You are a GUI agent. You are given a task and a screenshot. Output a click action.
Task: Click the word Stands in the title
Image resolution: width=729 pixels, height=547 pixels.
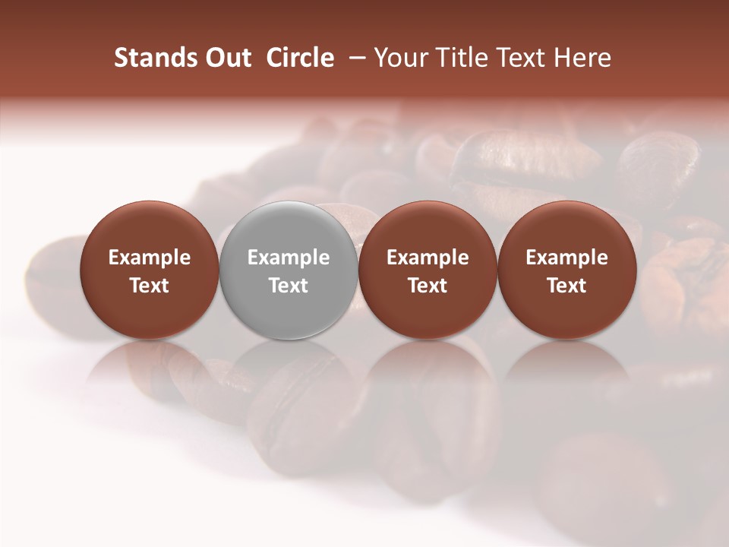(x=152, y=58)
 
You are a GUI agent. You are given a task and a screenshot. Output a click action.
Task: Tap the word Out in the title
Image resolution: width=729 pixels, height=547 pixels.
(x=226, y=58)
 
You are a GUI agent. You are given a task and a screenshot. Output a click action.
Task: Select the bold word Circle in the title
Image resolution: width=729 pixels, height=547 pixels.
(x=300, y=58)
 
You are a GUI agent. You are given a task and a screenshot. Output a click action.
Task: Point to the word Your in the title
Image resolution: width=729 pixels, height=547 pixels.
(x=399, y=58)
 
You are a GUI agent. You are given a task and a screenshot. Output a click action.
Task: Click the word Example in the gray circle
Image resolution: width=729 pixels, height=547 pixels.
(x=289, y=258)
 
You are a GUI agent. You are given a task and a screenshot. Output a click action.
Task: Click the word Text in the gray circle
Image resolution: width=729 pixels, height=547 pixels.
(x=289, y=286)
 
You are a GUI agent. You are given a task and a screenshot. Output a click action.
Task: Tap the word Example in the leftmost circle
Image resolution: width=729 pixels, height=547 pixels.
(x=150, y=258)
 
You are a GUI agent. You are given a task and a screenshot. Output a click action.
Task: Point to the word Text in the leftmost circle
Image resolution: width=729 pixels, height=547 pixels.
(x=150, y=286)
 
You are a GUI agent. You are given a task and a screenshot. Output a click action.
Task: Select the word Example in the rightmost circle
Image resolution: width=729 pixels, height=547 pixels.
(x=566, y=258)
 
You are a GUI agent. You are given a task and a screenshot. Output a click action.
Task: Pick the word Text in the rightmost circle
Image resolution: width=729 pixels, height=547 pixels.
(x=566, y=286)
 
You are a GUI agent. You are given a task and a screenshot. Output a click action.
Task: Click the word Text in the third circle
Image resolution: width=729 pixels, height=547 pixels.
(x=428, y=286)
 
